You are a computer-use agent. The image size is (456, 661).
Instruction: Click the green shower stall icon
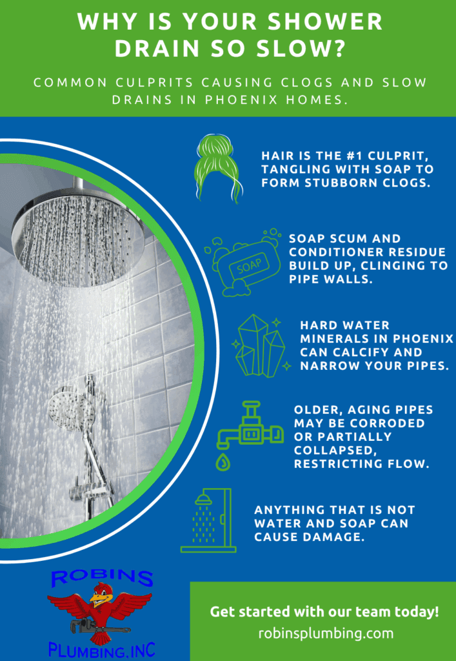point(208,520)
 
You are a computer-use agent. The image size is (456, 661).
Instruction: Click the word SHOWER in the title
point(330,23)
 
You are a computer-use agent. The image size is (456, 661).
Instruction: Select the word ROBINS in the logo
point(102,578)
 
